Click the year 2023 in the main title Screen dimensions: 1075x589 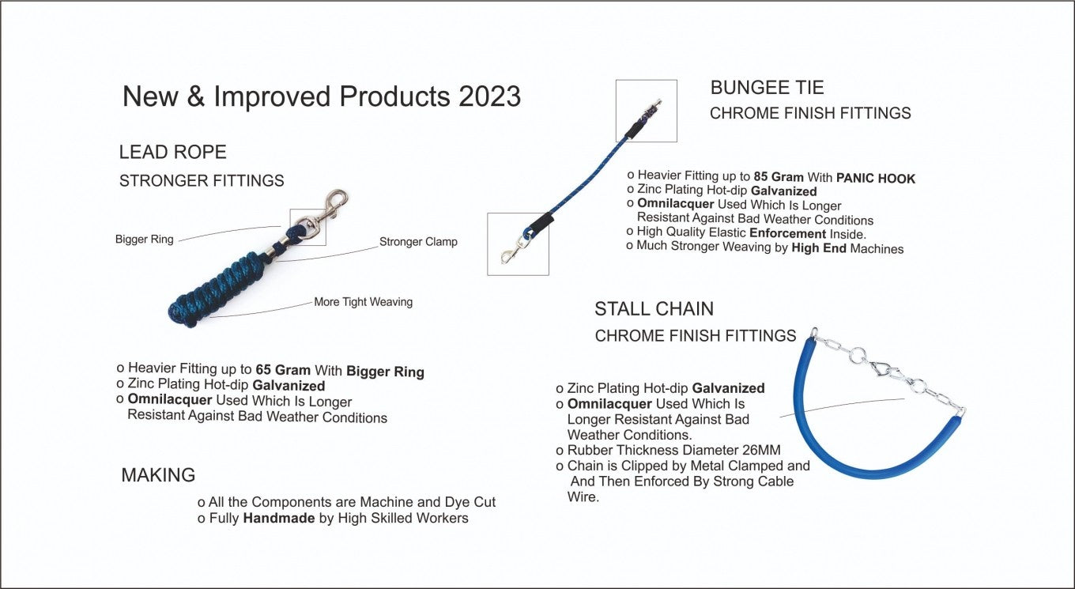click(489, 96)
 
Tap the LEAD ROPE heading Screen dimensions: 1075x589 click(173, 152)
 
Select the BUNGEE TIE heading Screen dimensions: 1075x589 click(767, 88)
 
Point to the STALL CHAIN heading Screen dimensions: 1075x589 click(654, 308)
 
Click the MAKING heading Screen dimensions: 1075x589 click(158, 474)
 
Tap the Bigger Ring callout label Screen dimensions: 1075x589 click(145, 239)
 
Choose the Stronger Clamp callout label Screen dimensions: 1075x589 click(418, 241)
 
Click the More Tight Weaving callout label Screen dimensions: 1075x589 click(364, 302)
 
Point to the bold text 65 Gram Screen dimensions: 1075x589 click(283, 370)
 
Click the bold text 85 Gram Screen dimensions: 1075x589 click(779, 176)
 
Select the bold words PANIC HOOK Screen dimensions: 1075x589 click(876, 179)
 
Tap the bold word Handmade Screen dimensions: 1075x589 click(279, 518)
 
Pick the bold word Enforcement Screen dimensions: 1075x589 click(787, 234)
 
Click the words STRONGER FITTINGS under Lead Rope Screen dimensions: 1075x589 click(202, 181)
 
